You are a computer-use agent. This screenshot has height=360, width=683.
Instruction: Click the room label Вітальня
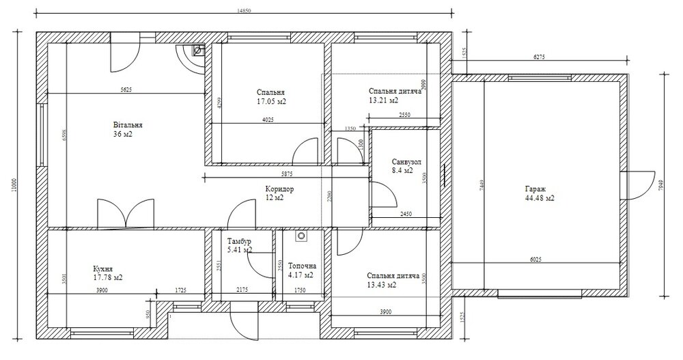(x=128, y=126)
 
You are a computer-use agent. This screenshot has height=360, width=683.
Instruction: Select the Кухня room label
(x=103, y=268)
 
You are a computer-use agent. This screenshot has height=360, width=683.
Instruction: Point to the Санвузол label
(x=406, y=162)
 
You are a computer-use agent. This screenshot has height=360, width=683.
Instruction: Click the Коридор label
(x=279, y=189)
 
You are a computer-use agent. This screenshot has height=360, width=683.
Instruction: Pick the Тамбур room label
(x=239, y=241)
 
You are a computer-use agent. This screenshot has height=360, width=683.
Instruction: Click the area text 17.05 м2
(x=271, y=101)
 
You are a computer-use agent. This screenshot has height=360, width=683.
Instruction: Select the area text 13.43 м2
(x=382, y=285)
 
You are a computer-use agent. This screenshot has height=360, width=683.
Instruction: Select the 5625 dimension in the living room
(x=126, y=89)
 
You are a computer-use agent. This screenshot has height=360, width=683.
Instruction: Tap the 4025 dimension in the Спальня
(x=268, y=120)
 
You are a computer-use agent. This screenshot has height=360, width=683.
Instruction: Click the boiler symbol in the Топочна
(x=299, y=236)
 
